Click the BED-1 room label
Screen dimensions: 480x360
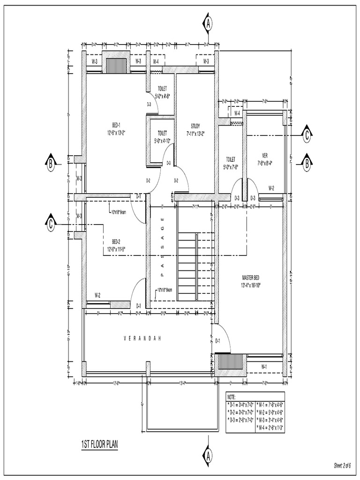click(x=116, y=125)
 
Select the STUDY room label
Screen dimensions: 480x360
click(x=195, y=126)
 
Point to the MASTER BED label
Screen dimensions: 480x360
click(x=251, y=277)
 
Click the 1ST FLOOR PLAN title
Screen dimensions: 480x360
click(x=99, y=443)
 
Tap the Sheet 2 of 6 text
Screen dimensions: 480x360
click(x=342, y=465)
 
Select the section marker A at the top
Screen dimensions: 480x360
click(x=207, y=23)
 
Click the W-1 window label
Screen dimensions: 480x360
click(x=264, y=366)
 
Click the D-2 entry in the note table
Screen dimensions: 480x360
click(x=240, y=412)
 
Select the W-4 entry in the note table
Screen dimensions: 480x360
click(x=270, y=427)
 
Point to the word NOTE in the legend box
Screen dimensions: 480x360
click(x=232, y=397)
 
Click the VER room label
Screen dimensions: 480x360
click(x=265, y=156)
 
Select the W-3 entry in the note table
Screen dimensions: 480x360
click(x=270, y=420)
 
